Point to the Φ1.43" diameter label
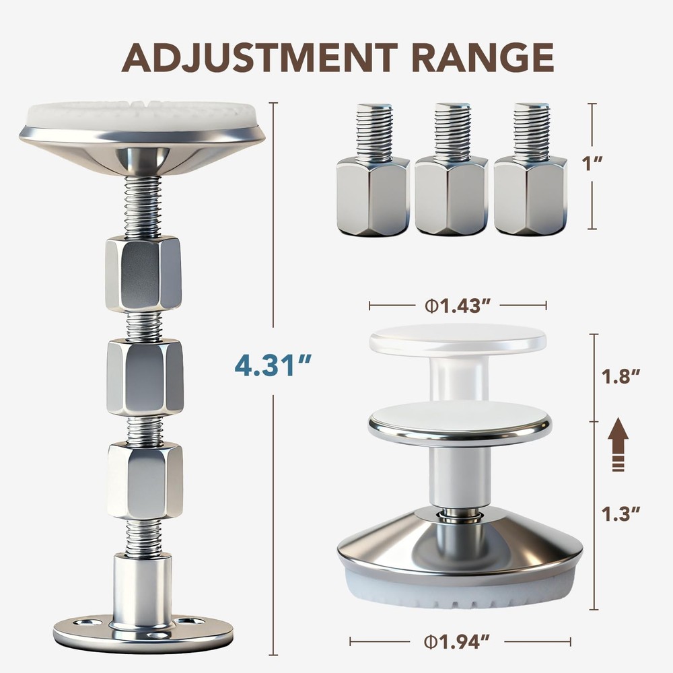point(457,306)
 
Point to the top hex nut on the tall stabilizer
point(143,273)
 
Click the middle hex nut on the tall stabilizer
point(144,377)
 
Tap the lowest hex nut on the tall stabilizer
point(144,481)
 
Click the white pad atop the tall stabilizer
point(141,115)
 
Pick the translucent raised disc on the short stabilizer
point(458,340)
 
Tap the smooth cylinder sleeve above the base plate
point(142,582)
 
